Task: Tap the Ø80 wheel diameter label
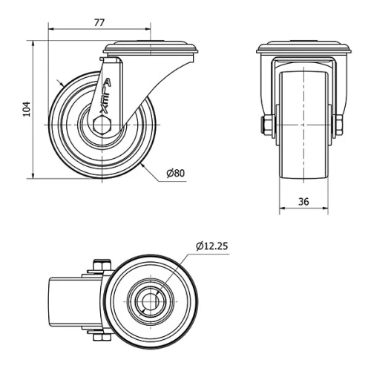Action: tap(175, 174)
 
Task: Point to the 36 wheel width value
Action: tap(303, 200)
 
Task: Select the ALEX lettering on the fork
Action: tap(106, 97)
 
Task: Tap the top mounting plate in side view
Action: tap(152, 50)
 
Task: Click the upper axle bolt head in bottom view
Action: tap(101, 266)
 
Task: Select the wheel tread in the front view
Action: tap(303, 126)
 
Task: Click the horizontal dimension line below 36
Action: tap(303, 210)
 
